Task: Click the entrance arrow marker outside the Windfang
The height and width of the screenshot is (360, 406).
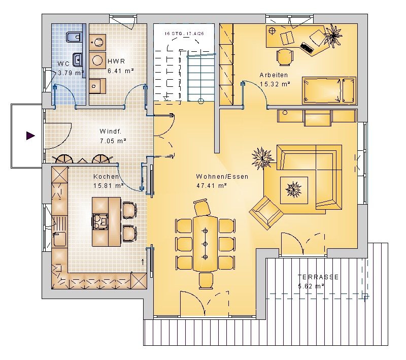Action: [x=30, y=136]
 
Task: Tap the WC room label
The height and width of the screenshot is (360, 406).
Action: [x=63, y=63]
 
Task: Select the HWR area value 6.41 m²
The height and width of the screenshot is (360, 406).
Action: [x=121, y=71]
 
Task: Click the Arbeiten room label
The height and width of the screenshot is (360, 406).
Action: [x=274, y=75]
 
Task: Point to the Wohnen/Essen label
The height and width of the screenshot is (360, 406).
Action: [x=222, y=177]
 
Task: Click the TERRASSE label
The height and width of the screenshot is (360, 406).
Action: [x=318, y=277]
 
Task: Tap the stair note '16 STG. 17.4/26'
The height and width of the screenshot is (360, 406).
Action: [x=184, y=34]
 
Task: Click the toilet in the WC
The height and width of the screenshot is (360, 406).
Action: [x=74, y=37]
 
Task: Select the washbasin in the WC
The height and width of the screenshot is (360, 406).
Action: [x=78, y=59]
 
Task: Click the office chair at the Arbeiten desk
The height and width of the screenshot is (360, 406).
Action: [x=285, y=57]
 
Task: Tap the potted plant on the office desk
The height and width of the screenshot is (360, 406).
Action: [x=333, y=36]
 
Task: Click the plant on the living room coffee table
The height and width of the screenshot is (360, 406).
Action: [x=293, y=189]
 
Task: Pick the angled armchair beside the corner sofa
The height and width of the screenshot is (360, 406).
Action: [x=266, y=213]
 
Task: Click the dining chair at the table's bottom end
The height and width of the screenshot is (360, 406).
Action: [x=206, y=281]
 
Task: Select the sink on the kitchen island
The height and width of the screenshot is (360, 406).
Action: [x=99, y=221]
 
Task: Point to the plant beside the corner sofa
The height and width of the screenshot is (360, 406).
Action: [x=262, y=158]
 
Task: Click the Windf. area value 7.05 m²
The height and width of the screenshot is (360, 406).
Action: [x=113, y=141]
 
